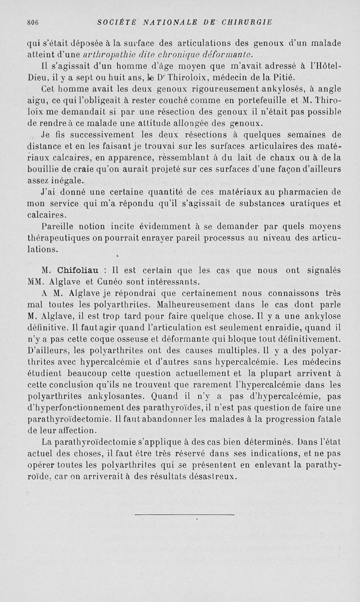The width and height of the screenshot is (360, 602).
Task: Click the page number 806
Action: [33, 22]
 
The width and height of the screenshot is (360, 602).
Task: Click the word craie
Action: [85, 169]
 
